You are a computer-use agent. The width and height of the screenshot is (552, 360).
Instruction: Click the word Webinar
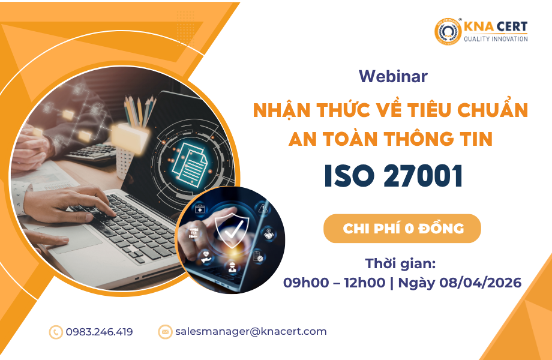point(393,76)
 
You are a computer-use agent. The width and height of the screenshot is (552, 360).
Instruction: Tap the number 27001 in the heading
point(423,176)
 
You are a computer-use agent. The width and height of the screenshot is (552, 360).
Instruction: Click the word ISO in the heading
point(349,176)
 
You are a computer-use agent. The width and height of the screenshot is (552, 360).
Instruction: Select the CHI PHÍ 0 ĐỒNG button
point(402,229)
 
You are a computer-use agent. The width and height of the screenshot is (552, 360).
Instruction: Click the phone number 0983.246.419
point(99,332)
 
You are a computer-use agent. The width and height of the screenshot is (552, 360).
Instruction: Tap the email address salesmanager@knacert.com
point(251,331)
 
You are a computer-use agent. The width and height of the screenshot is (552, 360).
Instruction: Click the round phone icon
point(56,332)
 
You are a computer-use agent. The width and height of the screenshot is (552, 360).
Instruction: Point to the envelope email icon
point(165,332)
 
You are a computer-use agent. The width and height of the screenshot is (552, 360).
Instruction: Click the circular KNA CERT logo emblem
point(448,32)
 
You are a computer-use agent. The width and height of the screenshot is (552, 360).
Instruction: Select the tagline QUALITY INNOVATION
point(496,39)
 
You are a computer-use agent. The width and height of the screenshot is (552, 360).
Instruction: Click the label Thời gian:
point(400,263)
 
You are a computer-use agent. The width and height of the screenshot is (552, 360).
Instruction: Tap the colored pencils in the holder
point(140,111)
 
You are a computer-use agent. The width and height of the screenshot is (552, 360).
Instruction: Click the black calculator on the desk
point(91,153)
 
